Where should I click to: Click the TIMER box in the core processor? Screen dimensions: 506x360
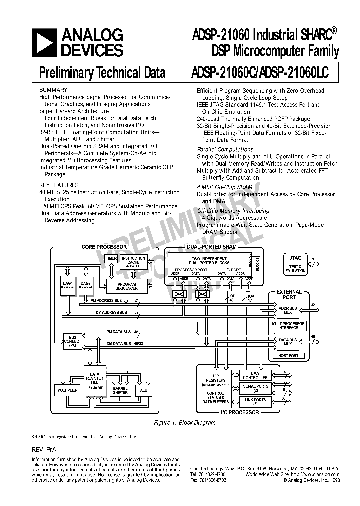point(111,258)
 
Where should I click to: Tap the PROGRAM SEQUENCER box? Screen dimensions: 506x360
point(127,286)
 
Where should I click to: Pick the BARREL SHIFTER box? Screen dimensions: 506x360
point(120,390)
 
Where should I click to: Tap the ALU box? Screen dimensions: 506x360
point(144,390)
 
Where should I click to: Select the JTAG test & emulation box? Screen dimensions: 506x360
point(295,263)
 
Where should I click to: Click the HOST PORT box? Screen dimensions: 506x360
point(288,355)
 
